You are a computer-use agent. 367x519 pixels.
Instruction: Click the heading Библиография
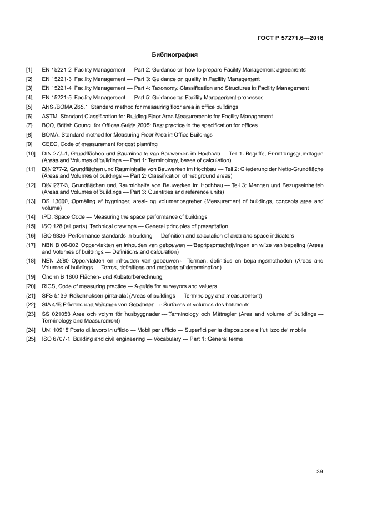(x=175, y=55)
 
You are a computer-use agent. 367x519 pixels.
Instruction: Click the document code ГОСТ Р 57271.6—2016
(x=290, y=38)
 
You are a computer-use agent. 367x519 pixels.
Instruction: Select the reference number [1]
(x=29, y=70)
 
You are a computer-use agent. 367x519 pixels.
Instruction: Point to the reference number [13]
(x=31, y=201)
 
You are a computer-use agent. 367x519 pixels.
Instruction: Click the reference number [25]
(x=31, y=339)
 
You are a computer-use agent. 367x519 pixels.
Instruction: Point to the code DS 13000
(x=54, y=201)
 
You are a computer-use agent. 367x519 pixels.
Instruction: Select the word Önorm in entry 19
(x=51, y=277)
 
